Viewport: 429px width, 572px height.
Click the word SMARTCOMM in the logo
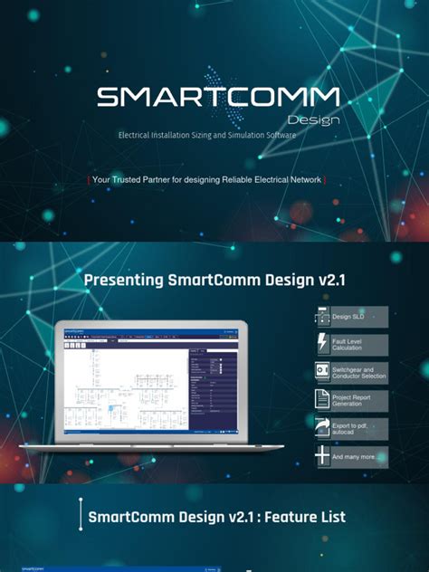pyautogui.click(x=218, y=97)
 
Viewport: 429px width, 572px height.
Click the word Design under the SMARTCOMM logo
pyautogui.click(x=314, y=119)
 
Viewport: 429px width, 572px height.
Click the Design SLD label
pyautogui.click(x=348, y=317)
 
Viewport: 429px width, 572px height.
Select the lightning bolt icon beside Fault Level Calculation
pyautogui.click(x=322, y=344)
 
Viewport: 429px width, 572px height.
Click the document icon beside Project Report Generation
pyautogui.click(x=322, y=400)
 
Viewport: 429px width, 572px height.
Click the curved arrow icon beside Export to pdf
pyautogui.click(x=322, y=428)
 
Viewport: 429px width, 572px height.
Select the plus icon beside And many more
pyautogui.click(x=322, y=456)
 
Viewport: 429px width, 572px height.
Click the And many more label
pyautogui.click(x=353, y=456)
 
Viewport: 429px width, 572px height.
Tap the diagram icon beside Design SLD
pyautogui.click(x=322, y=316)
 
